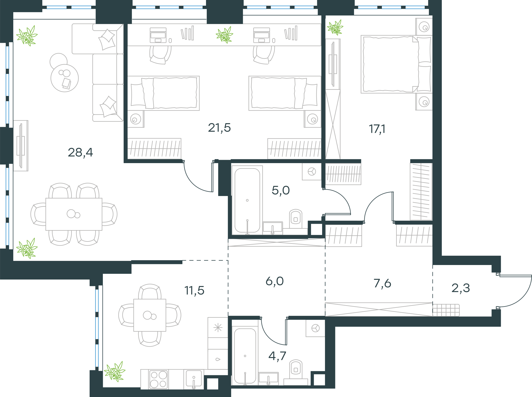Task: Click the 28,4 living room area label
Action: pyautogui.click(x=80, y=152)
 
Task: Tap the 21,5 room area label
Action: pyautogui.click(x=219, y=128)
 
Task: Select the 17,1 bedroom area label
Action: pyautogui.click(x=377, y=129)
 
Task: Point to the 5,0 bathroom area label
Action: pyautogui.click(x=281, y=190)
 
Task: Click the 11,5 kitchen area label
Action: pyautogui.click(x=194, y=290)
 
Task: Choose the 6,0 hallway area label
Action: pyautogui.click(x=275, y=281)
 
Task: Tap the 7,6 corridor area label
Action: pyautogui.click(x=382, y=283)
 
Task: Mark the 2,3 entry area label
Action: pyautogui.click(x=461, y=288)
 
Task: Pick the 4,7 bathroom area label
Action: pyautogui.click(x=277, y=356)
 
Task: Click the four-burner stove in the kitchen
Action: pyautogui.click(x=158, y=379)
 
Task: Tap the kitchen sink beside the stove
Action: pyautogui.click(x=194, y=379)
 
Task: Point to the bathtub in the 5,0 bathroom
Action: pyautogui.click(x=247, y=200)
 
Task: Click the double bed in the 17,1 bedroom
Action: pyautogui.click(x=396, y=65)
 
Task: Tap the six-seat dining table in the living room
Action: pyautogui.click(x=74, y=214)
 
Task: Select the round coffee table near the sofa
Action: pyautogui.click(x=64, y=78)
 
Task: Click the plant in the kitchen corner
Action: pyautogui.click(x=115, y=371)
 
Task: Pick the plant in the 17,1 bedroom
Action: pyautogui.click(x=335, y=27)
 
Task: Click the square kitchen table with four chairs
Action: pyautogui.click(x=150, y=315)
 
